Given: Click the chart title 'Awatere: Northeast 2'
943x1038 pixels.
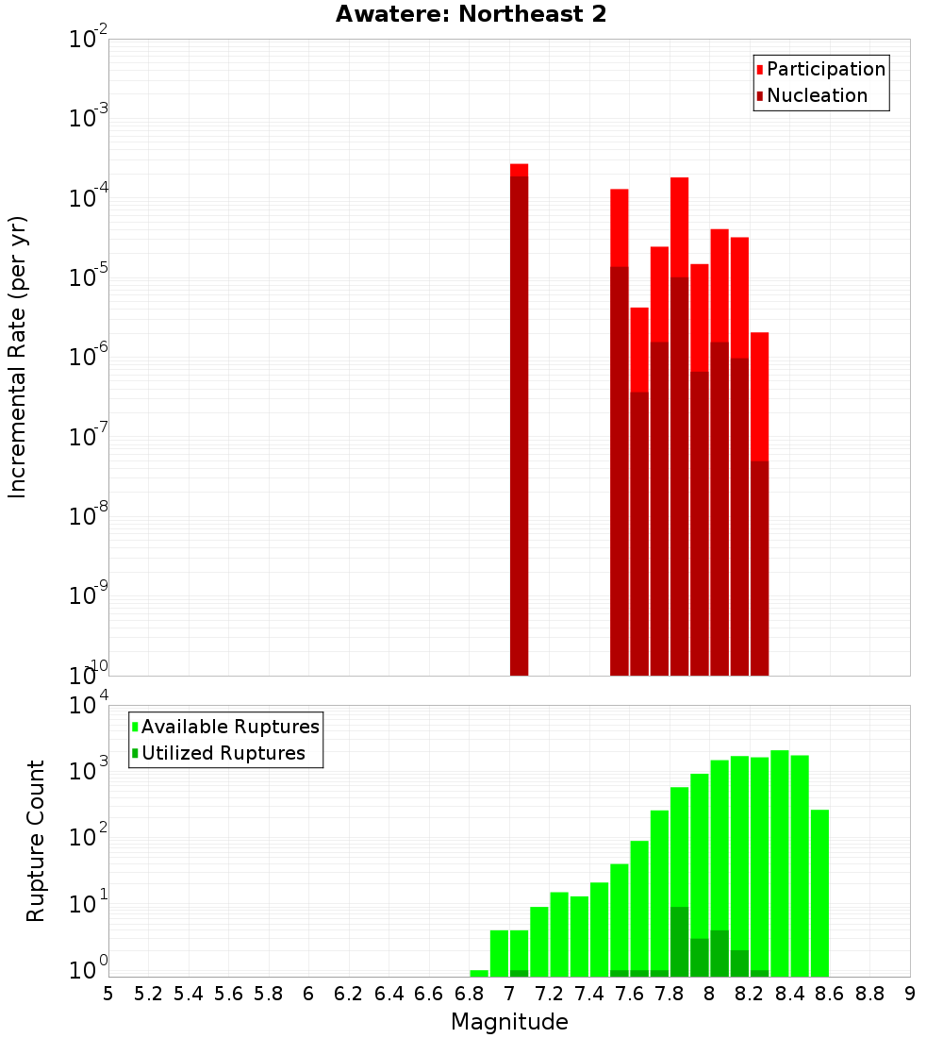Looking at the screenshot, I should [471, 15].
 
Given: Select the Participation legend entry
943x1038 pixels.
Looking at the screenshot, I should [820, 70].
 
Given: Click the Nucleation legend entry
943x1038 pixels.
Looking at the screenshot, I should [811, 96].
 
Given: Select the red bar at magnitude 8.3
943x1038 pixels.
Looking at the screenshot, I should [759, 500].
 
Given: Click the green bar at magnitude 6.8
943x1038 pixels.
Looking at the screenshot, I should [479, 973].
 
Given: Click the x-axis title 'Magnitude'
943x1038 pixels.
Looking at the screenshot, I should [509, 1022].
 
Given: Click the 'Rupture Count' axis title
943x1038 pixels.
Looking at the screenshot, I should [36, 840].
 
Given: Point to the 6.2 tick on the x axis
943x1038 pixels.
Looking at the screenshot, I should [348, 994].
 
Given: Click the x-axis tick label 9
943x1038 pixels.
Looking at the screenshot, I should [909, 994].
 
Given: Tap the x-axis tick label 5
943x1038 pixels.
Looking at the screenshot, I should [108, 994].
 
